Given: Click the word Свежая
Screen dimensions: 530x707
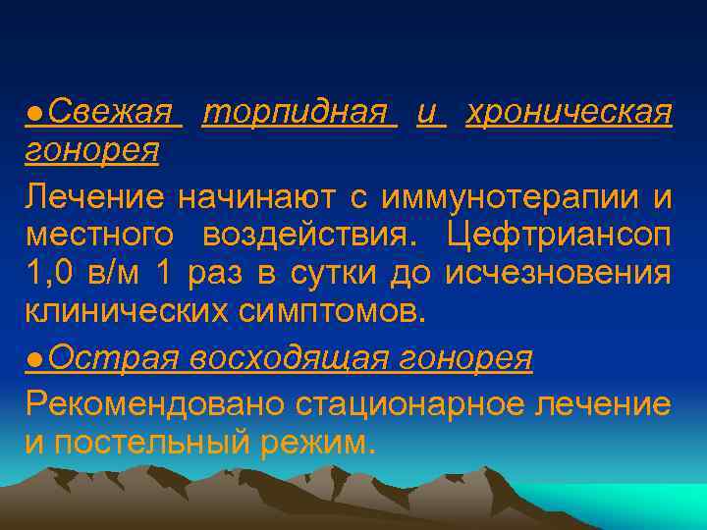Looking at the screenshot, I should click(109, 114).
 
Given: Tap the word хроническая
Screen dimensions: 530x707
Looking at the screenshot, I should click(570, 114).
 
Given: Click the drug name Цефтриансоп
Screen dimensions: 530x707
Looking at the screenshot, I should click(559, 237).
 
